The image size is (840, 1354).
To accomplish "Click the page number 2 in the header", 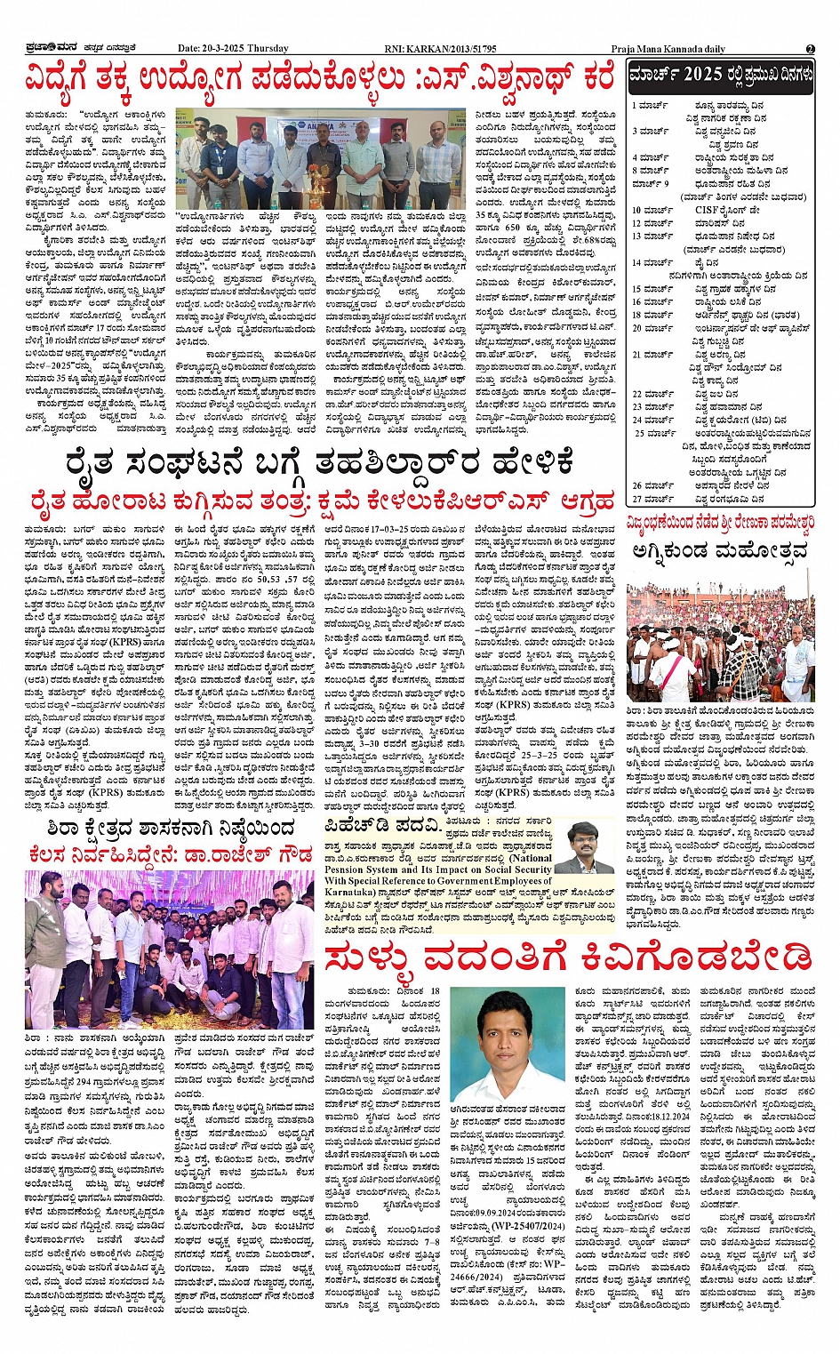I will (x=810, y=49).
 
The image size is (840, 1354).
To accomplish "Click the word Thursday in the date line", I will (x=268, y=49).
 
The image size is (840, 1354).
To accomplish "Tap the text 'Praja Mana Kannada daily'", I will (x=668, y=49).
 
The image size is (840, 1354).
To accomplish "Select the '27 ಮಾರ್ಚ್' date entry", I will (x=652, y=500).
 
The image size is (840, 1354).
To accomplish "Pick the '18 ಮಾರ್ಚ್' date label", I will (x=652, y=315).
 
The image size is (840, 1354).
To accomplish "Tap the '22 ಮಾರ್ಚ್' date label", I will (x=652, y=394).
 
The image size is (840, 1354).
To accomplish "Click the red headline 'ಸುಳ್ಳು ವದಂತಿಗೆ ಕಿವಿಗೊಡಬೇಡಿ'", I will (x=569, y=958).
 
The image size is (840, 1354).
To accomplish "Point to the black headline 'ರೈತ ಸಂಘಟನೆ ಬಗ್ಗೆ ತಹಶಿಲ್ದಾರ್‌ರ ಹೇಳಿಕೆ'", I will (x=319, y=464).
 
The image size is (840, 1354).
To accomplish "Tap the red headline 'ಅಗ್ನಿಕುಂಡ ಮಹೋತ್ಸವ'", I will (x=721, y=551).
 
